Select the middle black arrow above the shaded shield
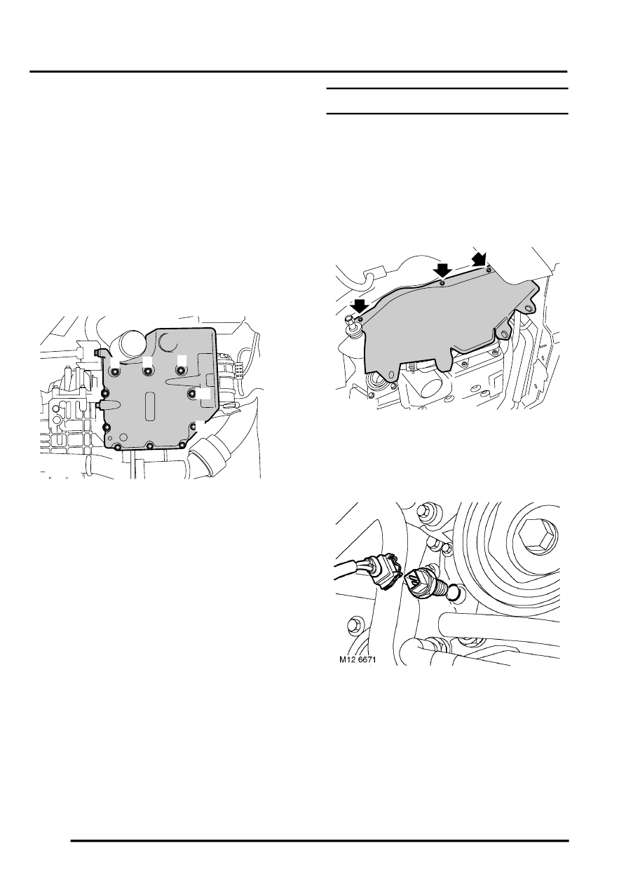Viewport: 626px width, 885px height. pyautogui.click(x=442, y=271)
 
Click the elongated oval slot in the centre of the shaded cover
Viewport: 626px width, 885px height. pyautogui.click(x=150, y=406)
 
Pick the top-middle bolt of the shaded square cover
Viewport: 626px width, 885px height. pyautogui.click(x=148, y=371)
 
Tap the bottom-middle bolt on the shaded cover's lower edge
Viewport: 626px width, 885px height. pyautogui.click(x=150, y=446)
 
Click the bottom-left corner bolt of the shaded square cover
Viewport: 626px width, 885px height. pyautogui.click(x=117, y=446)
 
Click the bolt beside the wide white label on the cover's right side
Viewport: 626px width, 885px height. pyautogui.click(x=191, y=392)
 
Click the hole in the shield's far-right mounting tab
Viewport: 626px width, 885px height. pyautogui.click(x=529, y=308)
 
